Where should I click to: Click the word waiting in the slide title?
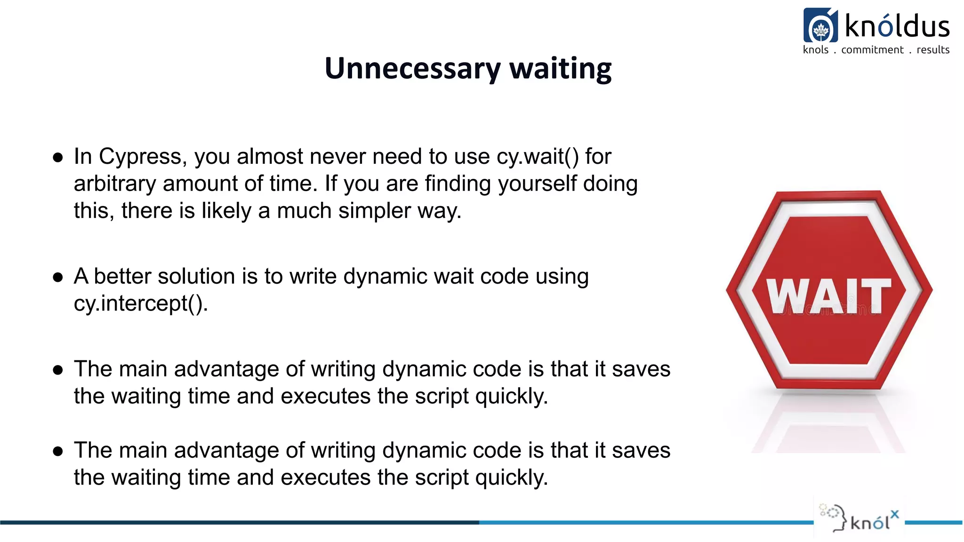560,69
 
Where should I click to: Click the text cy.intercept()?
141,303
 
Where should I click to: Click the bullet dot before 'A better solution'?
58,277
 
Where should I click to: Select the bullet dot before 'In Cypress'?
58,158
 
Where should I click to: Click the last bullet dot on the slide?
58,452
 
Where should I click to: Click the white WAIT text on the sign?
828,296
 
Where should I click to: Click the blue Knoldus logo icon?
820,26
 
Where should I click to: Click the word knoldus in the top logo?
897,26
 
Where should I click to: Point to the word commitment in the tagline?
872,50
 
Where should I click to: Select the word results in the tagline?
932,50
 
